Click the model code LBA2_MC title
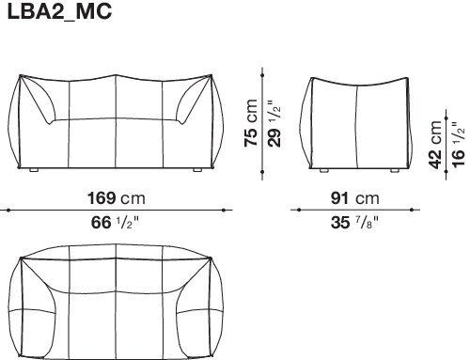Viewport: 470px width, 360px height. point(59,11)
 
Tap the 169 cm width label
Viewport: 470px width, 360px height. point(117,198)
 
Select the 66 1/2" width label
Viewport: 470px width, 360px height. point(115,223)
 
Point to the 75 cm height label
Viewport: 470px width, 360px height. point(251,123)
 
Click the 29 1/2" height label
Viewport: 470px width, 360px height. point(274,123)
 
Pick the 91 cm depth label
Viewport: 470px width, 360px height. point(355,198)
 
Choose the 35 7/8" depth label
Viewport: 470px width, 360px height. point(354,223)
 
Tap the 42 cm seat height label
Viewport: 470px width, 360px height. point(436,145)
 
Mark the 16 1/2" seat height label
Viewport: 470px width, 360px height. point(458,145)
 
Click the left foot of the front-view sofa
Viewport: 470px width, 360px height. point(34,170)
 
